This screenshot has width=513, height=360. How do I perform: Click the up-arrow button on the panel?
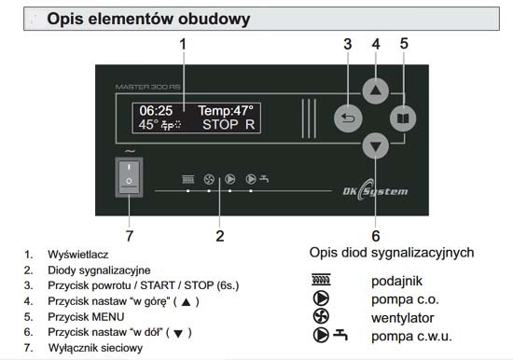click(376, 91)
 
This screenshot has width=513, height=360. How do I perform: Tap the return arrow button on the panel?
click(348, 118)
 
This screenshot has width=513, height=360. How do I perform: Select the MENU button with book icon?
click(403, 118)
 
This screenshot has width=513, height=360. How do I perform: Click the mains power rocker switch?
click(129, 177)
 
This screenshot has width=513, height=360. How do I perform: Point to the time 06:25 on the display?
click(156, 111)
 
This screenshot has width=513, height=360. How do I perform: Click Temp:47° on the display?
click(226, 111)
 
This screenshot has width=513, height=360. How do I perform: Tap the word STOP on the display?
click(220, 125)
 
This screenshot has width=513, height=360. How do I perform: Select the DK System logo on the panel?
click(375, 190)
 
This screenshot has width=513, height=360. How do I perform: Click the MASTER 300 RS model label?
click(148, 87)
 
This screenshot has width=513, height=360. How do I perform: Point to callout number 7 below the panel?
click(130, 236)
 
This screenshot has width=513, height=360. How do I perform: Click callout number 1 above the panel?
click(183, 44)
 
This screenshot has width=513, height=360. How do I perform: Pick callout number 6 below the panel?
click(376, 236)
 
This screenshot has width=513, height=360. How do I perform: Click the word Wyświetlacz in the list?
click(77, 255)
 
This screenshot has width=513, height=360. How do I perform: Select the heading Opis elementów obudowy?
click(148, 19)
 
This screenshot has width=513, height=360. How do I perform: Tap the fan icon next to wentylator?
click(321, 317)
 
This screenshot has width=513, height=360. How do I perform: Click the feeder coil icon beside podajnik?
click(321, 280)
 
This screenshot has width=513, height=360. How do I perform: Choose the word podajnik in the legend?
click(396, 281)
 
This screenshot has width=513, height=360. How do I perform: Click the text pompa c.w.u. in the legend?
click(411, 336)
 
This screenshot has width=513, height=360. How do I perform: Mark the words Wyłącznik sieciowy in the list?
click(95, 348)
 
